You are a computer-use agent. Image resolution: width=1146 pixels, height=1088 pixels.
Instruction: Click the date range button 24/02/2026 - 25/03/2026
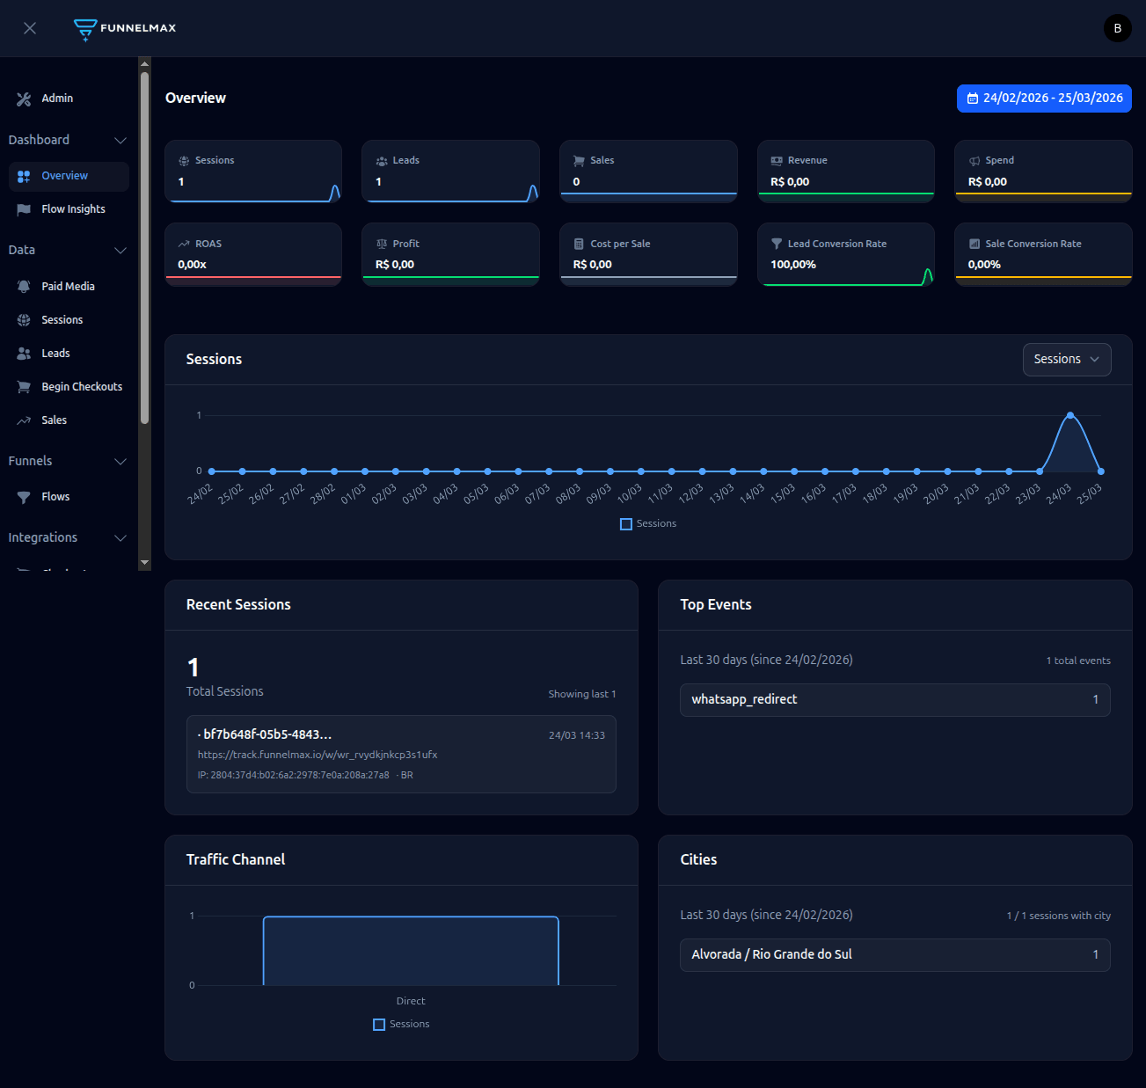point(1044,99)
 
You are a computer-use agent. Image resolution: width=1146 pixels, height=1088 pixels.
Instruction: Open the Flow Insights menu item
point(73,209)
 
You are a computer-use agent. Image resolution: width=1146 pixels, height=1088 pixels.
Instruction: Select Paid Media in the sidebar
point(68,287)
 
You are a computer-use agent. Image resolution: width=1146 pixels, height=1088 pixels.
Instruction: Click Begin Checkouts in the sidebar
point(81,387)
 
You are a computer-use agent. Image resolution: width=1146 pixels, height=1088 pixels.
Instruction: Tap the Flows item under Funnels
point(55,497)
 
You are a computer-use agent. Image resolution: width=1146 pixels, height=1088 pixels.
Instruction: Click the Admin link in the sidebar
point(56,99)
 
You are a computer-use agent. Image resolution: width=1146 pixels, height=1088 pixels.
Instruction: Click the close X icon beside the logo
point(30,28)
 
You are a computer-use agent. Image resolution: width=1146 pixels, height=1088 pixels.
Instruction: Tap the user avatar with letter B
point(1117,28)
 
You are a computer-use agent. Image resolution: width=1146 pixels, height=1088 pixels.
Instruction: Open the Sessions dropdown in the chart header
point(1066,360)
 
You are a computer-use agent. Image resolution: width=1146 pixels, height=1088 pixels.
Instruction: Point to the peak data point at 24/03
point(1069,415)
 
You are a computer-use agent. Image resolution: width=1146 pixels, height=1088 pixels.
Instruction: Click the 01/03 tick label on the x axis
point(354,493)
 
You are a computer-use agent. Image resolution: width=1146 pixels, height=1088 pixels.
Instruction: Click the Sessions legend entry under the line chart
point(648,524)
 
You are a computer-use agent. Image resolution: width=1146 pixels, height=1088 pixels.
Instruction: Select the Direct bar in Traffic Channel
point(411,951)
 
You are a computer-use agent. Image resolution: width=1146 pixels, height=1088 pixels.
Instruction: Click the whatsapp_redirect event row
point(894,700)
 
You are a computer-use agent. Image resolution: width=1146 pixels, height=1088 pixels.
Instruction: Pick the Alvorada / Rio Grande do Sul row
point(894,955)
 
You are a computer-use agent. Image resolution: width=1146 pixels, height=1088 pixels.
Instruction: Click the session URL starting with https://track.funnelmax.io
point(318,755)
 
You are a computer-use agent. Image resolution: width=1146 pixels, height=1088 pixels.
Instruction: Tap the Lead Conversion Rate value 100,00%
point(793,265)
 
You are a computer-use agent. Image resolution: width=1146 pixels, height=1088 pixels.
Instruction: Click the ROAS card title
point(208,244)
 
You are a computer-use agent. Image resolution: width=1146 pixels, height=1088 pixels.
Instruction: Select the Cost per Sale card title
point(620,244)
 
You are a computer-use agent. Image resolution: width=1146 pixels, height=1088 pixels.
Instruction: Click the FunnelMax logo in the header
point(125,28)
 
